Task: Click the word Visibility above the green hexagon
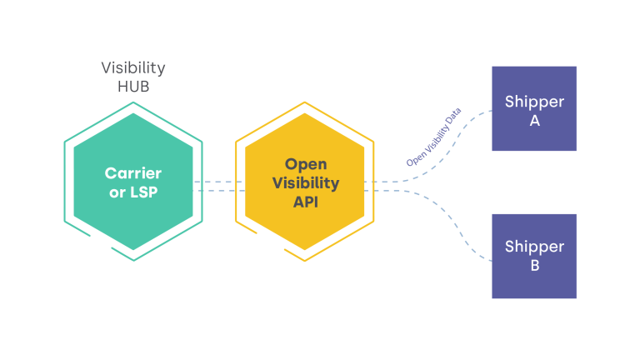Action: pyautogui.click(x=133, y=67)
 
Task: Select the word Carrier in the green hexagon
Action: pyautogui.click(x=133, y=173)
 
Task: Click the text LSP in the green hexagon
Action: pyautogui.click(x=145, y=192)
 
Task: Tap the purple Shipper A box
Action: pyautogui.click(x=534, y=108)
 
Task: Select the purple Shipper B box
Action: pyautogui.click(x=534, y=256)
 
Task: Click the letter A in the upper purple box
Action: pyautogui.click(x=534, y=121)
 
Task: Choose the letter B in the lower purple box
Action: pyautogui.click(x=534, y=267)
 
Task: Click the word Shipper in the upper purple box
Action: pyautogui.click(x=534, y=102)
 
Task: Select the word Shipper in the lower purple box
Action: pyautogui.click(x=534, y=247)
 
